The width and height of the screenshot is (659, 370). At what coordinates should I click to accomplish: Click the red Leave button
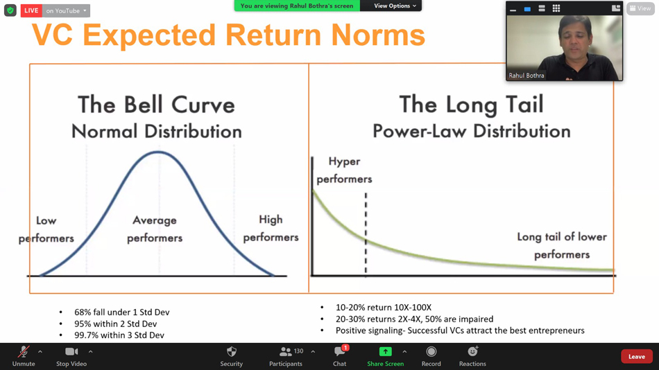point(636,357)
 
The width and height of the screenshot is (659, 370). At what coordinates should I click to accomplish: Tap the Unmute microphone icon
point(24,351)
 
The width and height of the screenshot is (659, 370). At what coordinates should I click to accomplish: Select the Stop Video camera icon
point(71,351)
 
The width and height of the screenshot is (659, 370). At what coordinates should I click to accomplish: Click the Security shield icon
point(232,351)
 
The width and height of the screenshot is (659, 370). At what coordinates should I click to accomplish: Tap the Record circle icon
point(431,351)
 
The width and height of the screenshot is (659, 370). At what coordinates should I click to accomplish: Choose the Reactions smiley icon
point(473,351)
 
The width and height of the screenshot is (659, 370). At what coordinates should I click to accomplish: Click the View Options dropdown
point(394,6)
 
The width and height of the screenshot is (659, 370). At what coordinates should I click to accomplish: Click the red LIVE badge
point(31,10)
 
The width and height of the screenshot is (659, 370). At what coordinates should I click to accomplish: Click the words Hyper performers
point(344,170)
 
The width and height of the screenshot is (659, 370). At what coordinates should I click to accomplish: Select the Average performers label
point(155,229)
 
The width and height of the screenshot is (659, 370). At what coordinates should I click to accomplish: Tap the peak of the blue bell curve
point(158,152)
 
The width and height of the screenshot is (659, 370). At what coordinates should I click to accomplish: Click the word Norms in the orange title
point(378,35)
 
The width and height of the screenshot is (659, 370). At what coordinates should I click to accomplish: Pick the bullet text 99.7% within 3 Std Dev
point(119,335)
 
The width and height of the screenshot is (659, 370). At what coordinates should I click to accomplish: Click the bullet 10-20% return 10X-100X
point(384,308)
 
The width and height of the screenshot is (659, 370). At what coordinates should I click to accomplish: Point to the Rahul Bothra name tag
point(527,76)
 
